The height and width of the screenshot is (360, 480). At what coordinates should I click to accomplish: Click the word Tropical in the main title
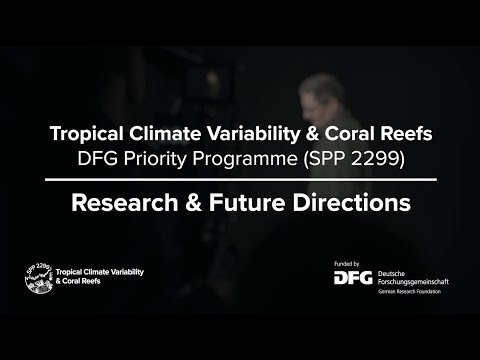(87, 134)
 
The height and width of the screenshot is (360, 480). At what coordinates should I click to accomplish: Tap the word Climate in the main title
(165, 133)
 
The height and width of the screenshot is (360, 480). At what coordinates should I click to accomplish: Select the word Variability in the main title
(254, 134)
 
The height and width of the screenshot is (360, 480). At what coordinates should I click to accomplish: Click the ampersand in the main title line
(312, 134)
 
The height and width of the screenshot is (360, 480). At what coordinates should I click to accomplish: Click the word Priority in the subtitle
(155, 159)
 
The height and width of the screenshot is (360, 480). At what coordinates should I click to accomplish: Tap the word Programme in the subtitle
(245, 159)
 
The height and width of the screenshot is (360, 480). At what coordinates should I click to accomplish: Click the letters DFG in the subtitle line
(97, 159)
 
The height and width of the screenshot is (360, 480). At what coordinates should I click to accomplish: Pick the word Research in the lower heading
(125, 203)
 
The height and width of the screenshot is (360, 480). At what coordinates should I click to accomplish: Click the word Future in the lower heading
(247, 203)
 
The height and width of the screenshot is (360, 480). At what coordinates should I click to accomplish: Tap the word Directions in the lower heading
(352, 203)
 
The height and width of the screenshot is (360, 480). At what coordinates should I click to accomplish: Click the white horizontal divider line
(241, 180)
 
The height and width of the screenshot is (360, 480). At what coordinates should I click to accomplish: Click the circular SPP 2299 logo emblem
(39, 277)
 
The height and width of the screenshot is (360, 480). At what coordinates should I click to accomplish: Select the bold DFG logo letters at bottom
(353, 278)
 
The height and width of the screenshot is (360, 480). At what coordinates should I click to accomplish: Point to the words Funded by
(347, 264)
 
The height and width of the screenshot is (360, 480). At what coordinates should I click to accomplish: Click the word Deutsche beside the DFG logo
(391, 274)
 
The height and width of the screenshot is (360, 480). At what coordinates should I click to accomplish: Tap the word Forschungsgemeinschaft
(413, 282)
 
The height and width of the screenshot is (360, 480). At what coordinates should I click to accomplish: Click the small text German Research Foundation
(409, 292)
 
